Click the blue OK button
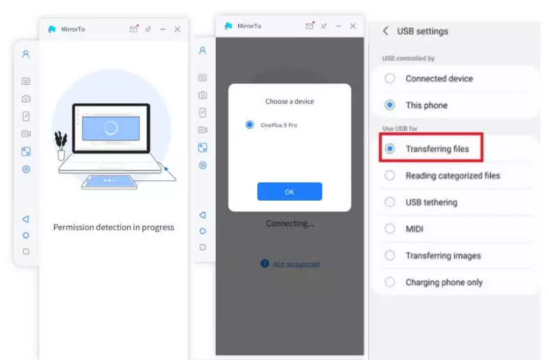click(x=290, y=192)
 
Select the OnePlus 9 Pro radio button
click(x=249, y=125)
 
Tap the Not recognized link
click(x=296, y=264)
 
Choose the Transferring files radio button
click(x=390, y=149)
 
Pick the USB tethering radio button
click(x=390, y=202)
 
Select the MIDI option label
click(x=415, y=229)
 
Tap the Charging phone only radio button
click(x=390, y=282)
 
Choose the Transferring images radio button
click(x=390, y=255)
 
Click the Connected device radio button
click(x=390, y=78)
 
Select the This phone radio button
click(x=390, y=105)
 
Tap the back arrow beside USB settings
click(x=386, y=31)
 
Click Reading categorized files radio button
click(x=390, y=175)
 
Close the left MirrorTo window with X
click(x=177, y=29)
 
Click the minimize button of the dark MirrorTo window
click(x=338, y=26)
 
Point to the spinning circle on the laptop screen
click(x=110, y=128)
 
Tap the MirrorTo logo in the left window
click(x=52, y=29)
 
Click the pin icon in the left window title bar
click(x=148, y=29)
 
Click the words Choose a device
click(x=290, y=101)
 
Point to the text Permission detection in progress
click(x=113, y=227)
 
